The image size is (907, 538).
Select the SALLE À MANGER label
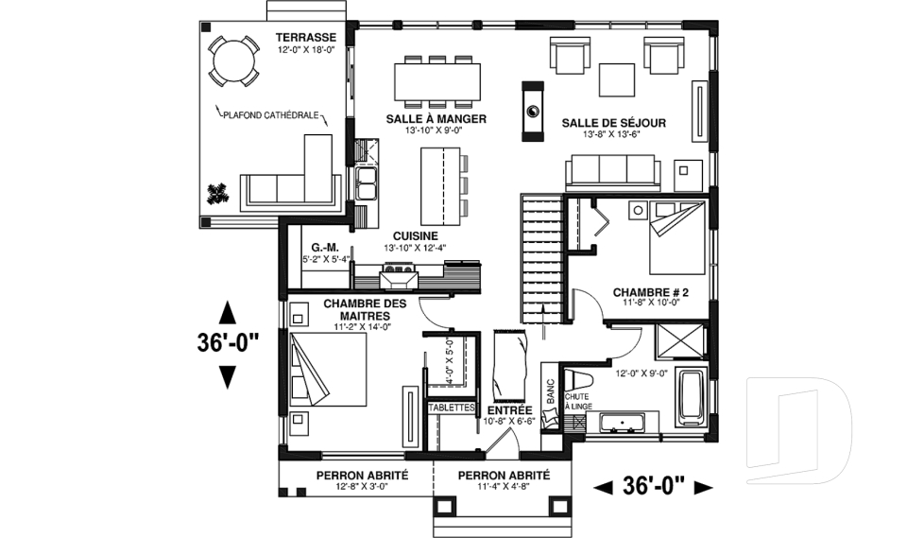pyautogui.click(x=436, y=119)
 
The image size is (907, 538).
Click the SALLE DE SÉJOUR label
pyautogui.click(x=614, y=123)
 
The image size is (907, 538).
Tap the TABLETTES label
pyautogui.click(x=451, y=408)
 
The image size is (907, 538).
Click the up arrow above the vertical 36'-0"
pyautogui.click(x=228, y=313)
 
